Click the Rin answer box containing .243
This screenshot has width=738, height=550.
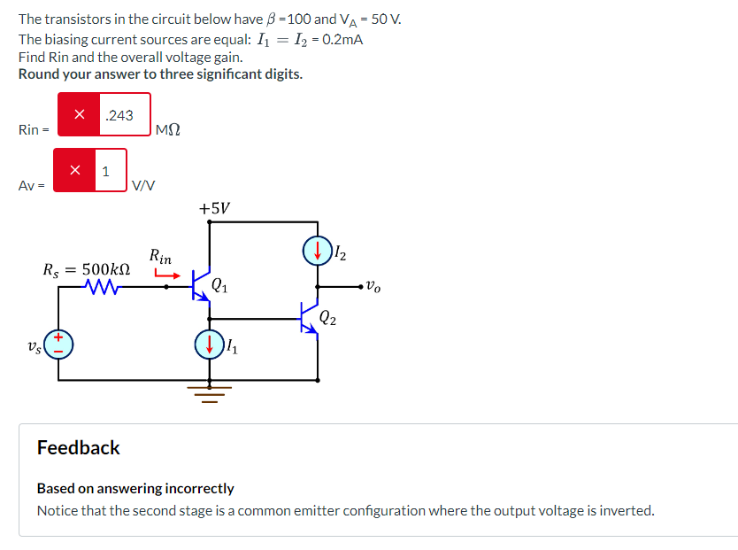(124, 115)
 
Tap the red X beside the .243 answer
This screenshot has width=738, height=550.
(80, 115)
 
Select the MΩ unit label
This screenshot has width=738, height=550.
(167, 131)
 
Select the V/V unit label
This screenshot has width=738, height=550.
(142, 186)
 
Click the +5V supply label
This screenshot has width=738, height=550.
(214, 208)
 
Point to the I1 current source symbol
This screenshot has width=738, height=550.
(209, 345)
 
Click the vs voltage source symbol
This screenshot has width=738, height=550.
(60, 344)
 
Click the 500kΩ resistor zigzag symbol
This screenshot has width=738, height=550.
(105, 286)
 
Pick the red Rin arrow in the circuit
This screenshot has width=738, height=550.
(167, 274)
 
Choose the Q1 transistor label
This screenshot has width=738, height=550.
(221, 285)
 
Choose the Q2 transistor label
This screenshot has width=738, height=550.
(328, 316)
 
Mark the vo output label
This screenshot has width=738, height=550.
(374, 287)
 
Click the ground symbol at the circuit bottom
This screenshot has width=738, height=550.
(210, 391)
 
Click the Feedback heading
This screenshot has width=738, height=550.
(78, 448)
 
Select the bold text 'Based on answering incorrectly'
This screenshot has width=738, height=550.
(135, 488)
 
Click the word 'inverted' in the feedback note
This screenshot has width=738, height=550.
(627, 510)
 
